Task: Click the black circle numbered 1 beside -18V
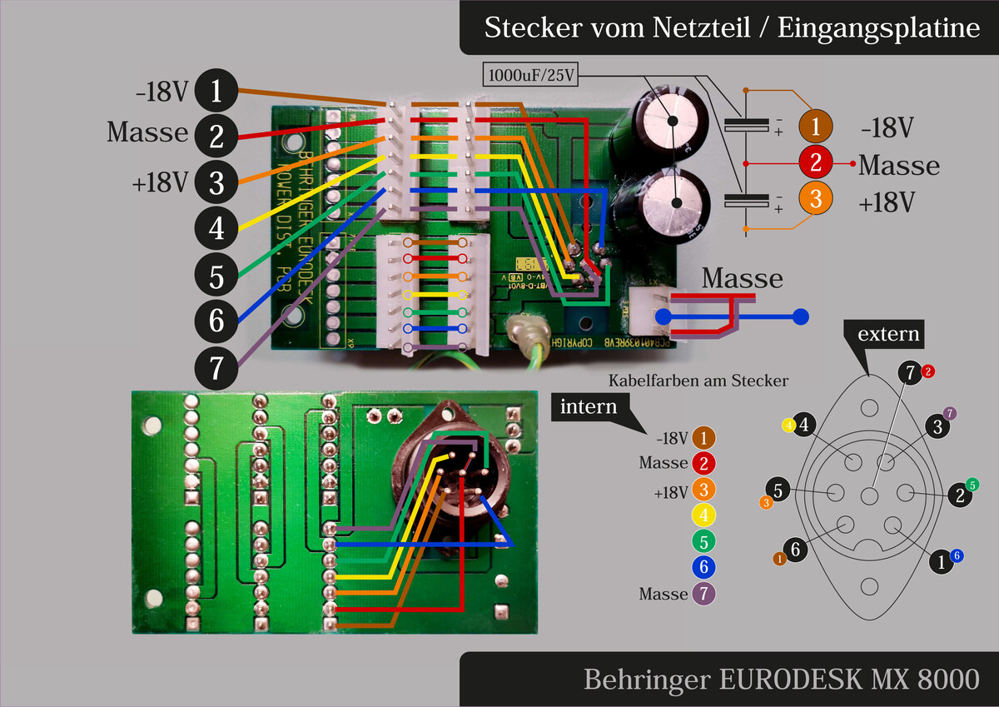(216, 92)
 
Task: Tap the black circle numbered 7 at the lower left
(216, 367)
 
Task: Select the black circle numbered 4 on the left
(216, 227)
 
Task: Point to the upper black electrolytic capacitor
(673, 120)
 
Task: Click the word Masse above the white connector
(742, 278)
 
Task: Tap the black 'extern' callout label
(889, 336)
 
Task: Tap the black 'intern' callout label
(589, 407)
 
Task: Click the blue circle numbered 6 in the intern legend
(703, 568)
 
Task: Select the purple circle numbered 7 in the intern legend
(703, 595)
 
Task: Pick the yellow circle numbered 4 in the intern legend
(703, 515)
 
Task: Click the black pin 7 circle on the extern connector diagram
(911, 375)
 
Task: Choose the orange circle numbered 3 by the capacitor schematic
(815, 200)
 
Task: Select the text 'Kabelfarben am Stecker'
(698, 381)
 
